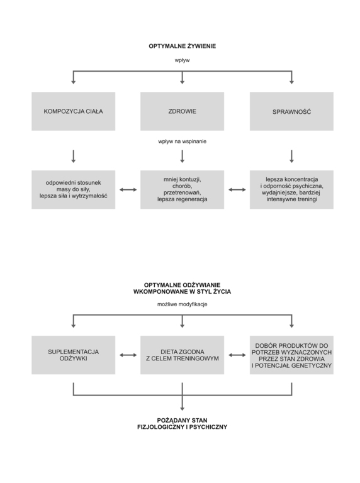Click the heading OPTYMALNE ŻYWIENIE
(x=182, y=46)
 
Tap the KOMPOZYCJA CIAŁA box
(x=74, y=111)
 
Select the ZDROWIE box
(x=182, y=111)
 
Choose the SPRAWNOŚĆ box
(x=291, y=111)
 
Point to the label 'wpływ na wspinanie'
(x=182, y=142)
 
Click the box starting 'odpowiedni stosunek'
(x=74, y=189)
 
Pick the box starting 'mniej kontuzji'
(x=182, y=189)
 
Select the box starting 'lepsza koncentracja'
(x=291, y=189)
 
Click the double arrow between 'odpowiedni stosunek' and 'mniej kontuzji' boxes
(x=128, y=190)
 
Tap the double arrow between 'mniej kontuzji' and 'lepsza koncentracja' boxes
(x=237, y=190)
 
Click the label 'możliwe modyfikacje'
(x=182, y=304)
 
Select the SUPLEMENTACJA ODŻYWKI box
(x=74, y=355)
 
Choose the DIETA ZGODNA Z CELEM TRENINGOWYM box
(x=182, y=355)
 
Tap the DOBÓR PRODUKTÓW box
(x=291, y=355)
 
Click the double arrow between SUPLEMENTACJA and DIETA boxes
(x=128, y=355)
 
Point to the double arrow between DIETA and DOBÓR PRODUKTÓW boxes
(x=237, y=355)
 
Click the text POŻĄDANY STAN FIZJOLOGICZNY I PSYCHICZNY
(x=182, y=423)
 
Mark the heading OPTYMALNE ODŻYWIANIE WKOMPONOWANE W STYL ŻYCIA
(x=182, y=288)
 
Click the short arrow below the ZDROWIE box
(x=182, y=157)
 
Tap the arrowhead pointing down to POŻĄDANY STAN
(x=182, y=408)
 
